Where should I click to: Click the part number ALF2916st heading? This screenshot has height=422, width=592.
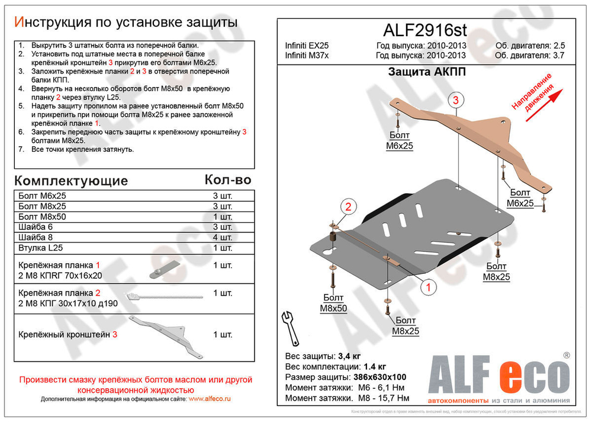tap(426, 30)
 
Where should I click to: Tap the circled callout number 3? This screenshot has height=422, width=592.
tap(456, 100)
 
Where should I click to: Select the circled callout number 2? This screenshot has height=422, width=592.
tap(348, 207)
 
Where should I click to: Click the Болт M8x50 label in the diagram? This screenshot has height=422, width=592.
tap(334, 302)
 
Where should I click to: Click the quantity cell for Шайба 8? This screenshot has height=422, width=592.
tap(223, 238)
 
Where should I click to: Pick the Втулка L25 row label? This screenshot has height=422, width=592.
tap(40, 248)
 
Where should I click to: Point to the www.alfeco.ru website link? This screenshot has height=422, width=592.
tap(210, 399)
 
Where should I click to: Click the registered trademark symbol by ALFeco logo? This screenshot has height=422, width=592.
tap(567, 356)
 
